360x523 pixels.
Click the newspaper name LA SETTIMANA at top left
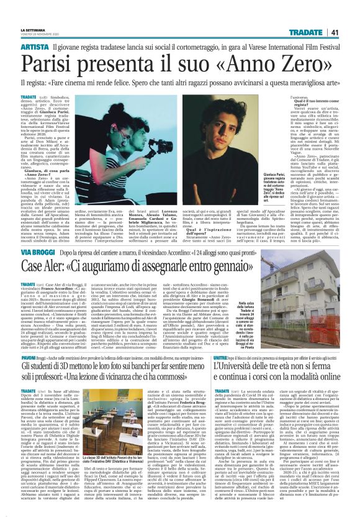click(32, 29)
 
